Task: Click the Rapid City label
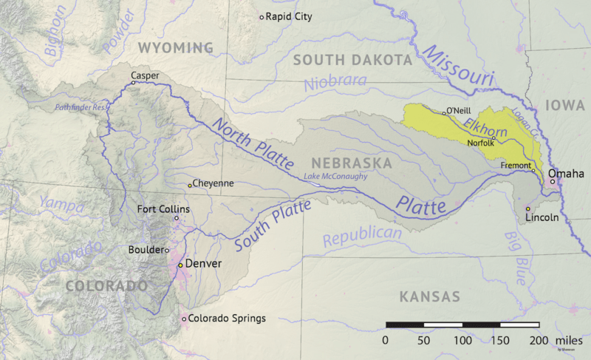click(x=289, y=16)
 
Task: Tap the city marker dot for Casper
click(x=134, y=83)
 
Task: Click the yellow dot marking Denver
click(x=180, y=264)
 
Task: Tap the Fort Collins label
click(x=163, y=209)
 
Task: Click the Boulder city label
click(x=146, y=250)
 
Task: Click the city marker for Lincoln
click(x=527, y=209)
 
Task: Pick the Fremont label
click(x=516, y=165)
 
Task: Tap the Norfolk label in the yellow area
click(x=481, y=143)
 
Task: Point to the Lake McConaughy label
click(x=335, y=176)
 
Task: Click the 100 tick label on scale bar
click(x=462, y=339)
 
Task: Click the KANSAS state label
click(x=429, y=296)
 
